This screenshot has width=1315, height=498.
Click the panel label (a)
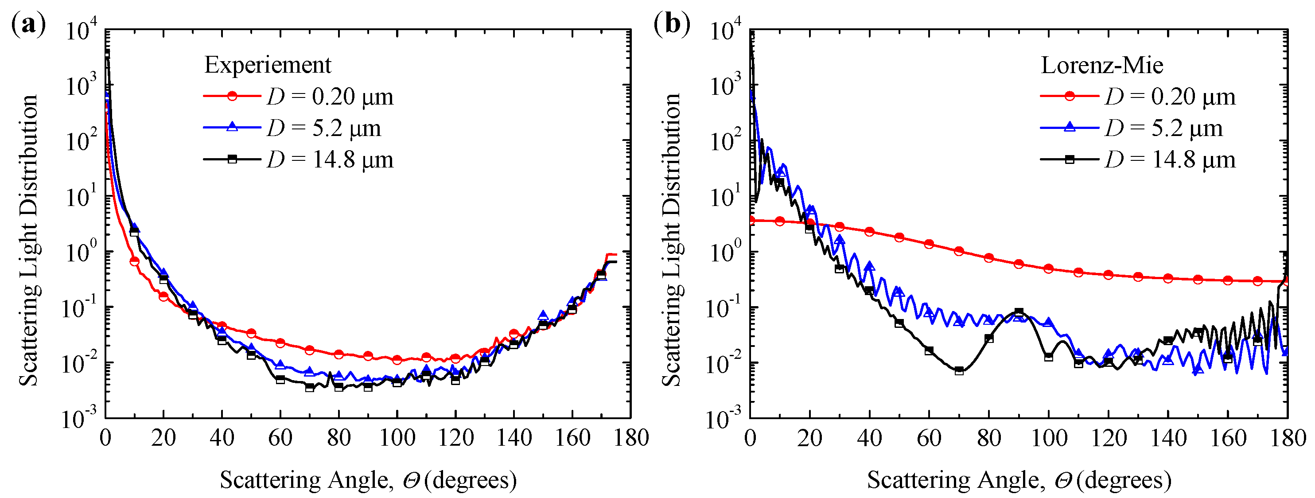28,24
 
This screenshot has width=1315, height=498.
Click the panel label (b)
672,24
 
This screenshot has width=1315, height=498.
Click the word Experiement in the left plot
268,65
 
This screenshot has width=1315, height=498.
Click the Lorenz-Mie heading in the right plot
1101,65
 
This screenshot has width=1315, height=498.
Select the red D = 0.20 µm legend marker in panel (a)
232,96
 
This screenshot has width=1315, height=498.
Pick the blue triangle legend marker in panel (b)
1069,127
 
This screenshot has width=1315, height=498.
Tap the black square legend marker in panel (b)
1069,159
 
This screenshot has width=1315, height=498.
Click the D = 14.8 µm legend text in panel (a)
330,160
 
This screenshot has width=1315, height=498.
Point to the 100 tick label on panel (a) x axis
397,438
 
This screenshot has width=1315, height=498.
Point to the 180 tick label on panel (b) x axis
1287,438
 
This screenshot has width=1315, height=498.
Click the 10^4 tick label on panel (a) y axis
82,31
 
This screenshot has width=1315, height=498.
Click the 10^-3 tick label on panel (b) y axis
724,419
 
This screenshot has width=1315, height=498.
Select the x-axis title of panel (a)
368,480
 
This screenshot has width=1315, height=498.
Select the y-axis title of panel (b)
672,240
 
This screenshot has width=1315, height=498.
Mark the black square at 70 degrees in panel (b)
959,370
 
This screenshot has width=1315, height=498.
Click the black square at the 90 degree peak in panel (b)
1019,312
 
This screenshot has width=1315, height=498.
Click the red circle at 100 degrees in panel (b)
1049,268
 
